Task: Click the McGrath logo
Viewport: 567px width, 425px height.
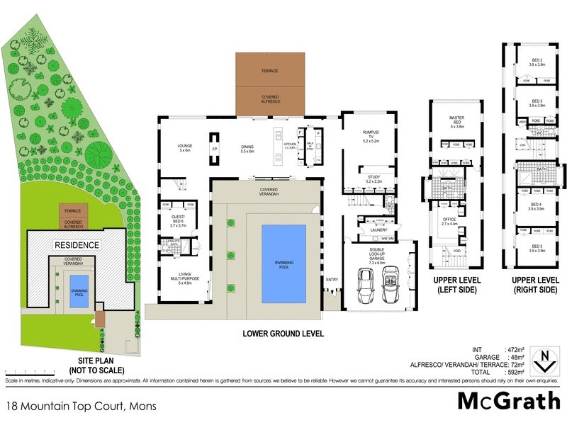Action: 508,401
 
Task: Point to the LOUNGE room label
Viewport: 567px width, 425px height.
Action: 185,147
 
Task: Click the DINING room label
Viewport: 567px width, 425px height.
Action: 247,147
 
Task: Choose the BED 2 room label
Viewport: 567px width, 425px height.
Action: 537,61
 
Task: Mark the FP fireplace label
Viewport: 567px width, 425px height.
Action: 215,149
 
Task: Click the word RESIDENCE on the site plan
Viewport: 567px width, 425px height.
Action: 74,244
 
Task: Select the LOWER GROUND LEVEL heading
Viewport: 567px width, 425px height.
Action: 283,333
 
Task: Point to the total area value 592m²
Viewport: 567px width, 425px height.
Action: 514,372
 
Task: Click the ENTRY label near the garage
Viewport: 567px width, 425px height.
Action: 332,279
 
